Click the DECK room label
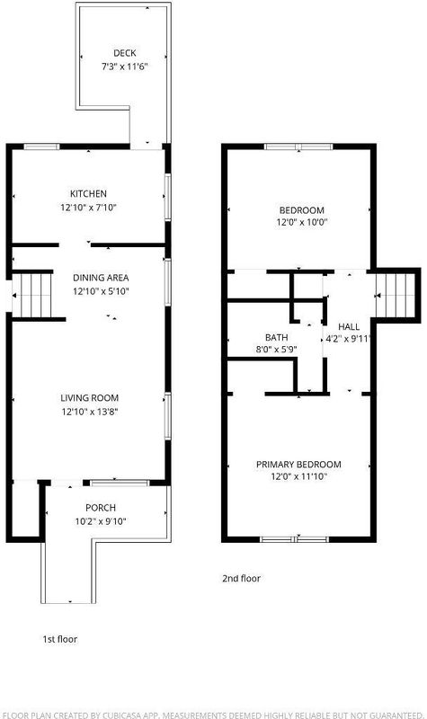(125, 53)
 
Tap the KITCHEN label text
(88, 193)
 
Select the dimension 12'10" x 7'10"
(88, 208)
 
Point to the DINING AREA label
(101, 278)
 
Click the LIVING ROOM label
(89, 398)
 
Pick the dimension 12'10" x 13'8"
(90, 412)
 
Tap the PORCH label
(101, 508)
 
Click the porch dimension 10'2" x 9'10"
(101, 521)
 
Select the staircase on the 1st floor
(33, 296)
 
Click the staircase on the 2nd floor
(396, 296)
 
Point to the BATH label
(277, 338)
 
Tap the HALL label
(349, 327)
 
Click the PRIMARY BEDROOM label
(298, 465)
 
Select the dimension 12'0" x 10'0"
(302, 222)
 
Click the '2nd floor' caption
(241, 578)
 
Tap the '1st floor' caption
(60, 639)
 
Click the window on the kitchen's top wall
(41, 146)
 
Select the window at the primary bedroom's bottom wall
(294, 539)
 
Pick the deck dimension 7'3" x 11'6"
(125, 67)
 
